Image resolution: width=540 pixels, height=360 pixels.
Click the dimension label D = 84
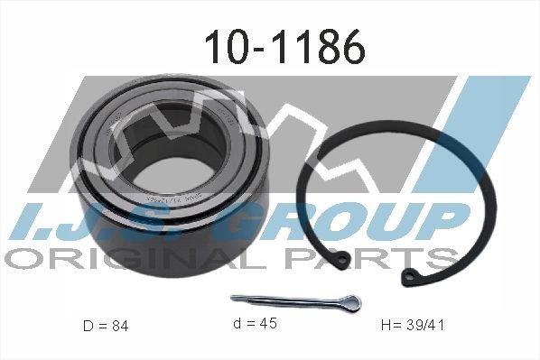tap(105, 325)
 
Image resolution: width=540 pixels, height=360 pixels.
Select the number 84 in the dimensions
tap(120, 325)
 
